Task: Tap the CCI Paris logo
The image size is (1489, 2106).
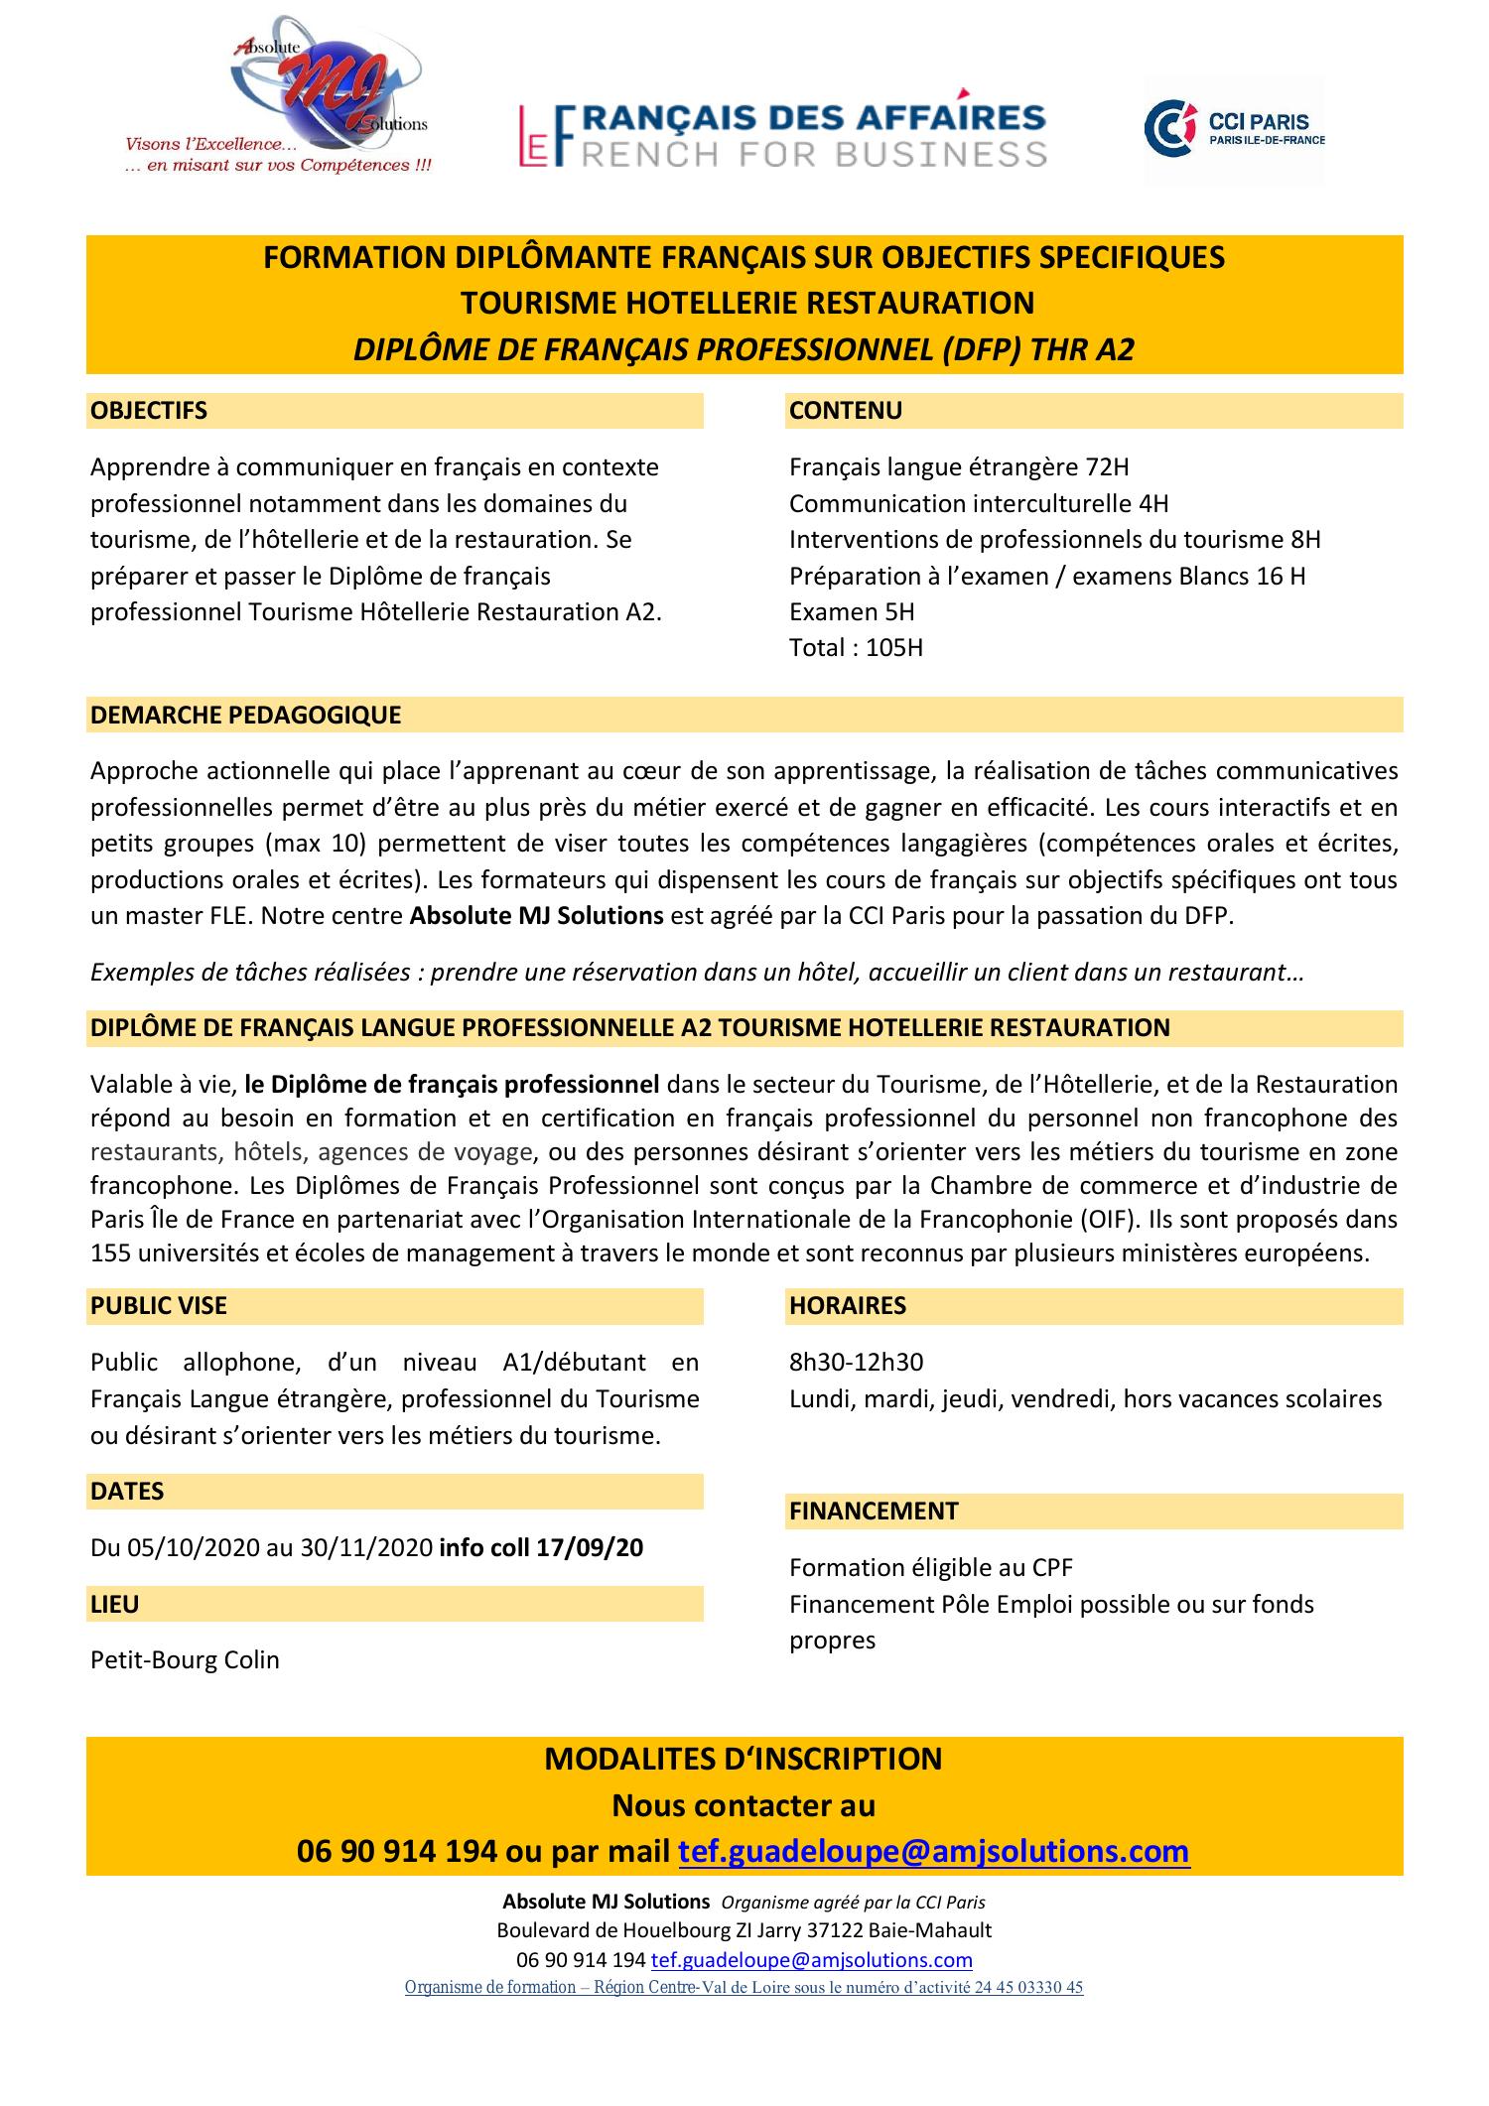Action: pyautogui.click(x=1234, y=131)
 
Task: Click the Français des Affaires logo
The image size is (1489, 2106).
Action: pyautogui.click(x=782, y=134)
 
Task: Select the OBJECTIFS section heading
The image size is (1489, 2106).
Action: pyautogui.click(x=149, y=411)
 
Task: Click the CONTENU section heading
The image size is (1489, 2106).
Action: pyautogui.click(x=846, y=411)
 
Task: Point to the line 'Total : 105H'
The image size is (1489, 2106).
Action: pyautogui.click(x=856, y=648)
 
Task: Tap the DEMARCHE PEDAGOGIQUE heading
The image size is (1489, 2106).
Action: pyautogui.click(x=245, y=715)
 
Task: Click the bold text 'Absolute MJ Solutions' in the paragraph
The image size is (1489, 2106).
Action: pyautogui.click(x=536, y=916)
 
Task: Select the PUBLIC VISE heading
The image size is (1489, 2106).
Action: pyautogui.click(x=159, y=1306)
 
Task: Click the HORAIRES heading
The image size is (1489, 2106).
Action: pyautogui.click(x=848, y=1306)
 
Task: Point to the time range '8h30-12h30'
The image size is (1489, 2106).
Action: pyautogui.click(x=856, y=1363)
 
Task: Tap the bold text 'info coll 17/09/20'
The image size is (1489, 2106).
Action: pyautogui.click(x=540, y=1548)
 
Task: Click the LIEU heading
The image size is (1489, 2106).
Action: pyautogui.click(x=115, y=1604)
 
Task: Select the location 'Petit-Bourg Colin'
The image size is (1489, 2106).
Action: pyautogui.click(x=185, y=1660)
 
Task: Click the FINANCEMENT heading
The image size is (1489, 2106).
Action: pyautogui.click(x=874, y=1512)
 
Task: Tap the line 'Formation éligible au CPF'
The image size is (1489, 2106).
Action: pyautogui.click(x=931, y=1568)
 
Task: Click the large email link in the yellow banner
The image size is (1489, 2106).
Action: pyautogui.click(x=933, y=1852)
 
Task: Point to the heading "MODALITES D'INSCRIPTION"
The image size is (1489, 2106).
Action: pyautogui.click(x=744, y=1759)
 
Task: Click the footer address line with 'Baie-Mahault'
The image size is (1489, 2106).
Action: pyautogui.click(x=744, y=1931)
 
